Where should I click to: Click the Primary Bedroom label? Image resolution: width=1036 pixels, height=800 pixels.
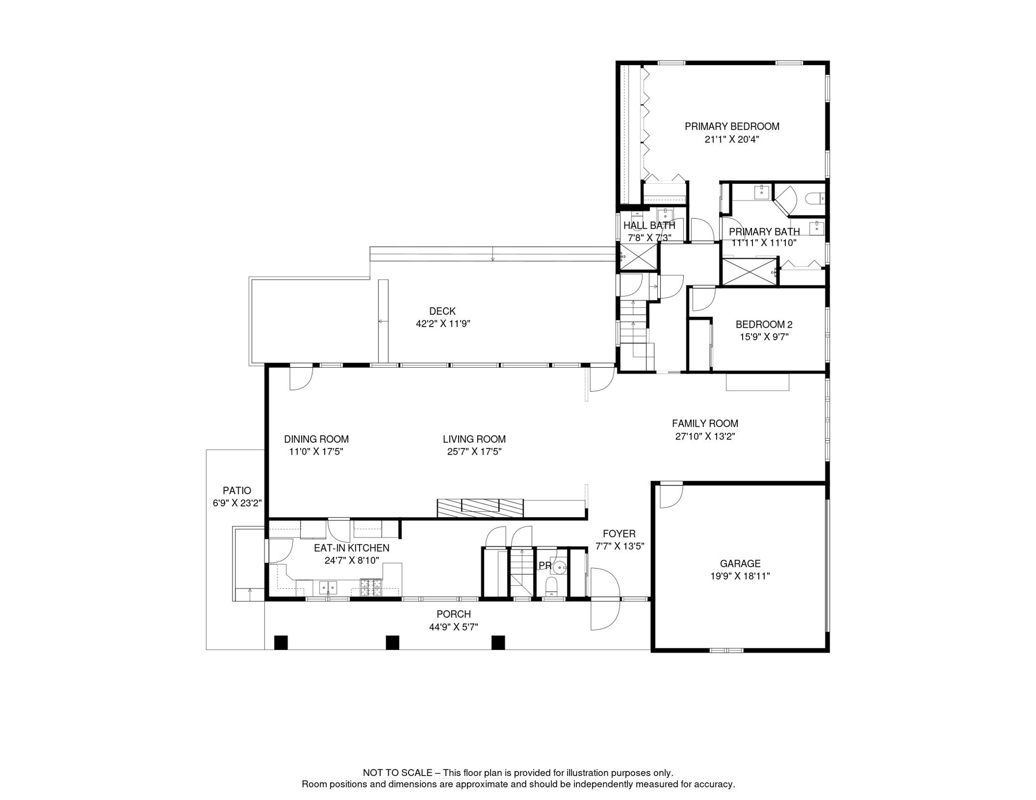tap(732, 127)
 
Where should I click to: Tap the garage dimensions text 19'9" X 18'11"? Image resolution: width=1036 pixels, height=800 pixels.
tap(740, 577)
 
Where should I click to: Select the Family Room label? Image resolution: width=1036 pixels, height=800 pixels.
tap(705, 424)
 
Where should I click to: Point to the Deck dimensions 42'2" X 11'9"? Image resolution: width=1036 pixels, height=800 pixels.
tap(443, 324)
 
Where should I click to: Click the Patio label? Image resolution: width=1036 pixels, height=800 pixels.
tap(237, 491)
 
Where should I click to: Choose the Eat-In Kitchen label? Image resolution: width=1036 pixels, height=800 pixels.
tap(351, 548)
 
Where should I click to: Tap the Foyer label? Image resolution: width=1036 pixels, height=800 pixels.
tap(619, 534)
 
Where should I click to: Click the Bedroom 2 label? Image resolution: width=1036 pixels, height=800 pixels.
tap(764, 324)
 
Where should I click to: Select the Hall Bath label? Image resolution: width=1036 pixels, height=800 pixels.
tap(649, 226)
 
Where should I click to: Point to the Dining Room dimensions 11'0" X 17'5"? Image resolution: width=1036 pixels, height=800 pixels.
tap(316, 452)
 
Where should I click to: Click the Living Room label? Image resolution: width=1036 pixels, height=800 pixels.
tap(474, 440)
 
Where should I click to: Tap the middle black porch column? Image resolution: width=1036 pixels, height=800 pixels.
tap(392, 643)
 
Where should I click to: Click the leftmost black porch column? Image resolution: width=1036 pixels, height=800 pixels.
tap(281, 643)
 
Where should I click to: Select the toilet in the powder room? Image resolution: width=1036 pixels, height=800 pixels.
tap(551, 586)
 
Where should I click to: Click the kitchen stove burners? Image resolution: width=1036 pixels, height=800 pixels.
tap(371, 587)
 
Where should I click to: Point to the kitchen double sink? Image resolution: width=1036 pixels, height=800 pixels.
tap(328, 587)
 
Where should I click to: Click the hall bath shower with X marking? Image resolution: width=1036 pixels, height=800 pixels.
tap(638, 257)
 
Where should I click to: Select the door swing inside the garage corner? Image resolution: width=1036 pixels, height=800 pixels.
tap(671, 496)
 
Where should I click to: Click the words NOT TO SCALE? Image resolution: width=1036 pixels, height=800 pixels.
tap(398, 773)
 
